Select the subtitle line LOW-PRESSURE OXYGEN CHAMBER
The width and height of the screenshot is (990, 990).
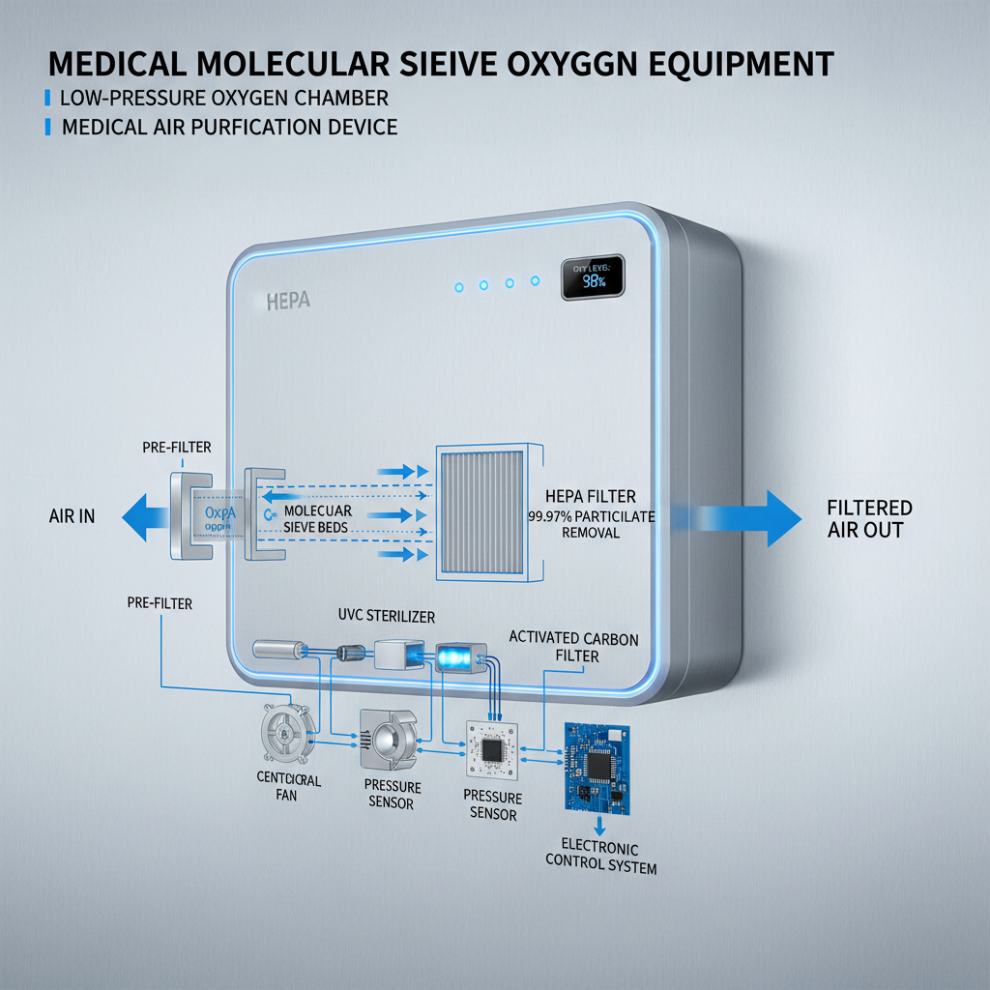[x=224, y=99]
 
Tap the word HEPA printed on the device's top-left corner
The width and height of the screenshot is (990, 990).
[x=287, y=302]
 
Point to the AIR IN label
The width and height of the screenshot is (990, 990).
[x=72, y=516]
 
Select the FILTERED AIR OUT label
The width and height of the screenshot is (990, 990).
[x=870, y=518]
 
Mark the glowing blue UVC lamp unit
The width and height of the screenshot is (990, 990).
[x=456, y=657]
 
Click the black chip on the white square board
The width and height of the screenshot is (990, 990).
[x=492, y=749]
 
